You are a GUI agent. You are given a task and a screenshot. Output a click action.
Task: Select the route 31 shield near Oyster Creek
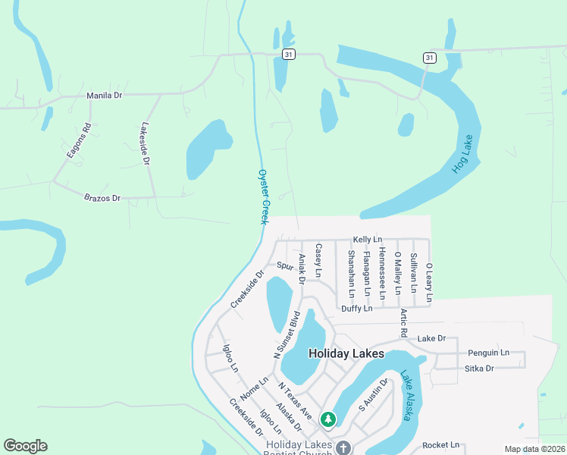click(287, 55)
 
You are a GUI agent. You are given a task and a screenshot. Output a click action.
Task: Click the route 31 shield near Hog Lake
click(430, 58)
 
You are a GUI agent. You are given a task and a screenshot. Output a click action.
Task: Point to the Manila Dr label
click(105, 96)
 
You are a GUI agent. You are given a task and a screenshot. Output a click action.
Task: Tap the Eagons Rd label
click(78, 140)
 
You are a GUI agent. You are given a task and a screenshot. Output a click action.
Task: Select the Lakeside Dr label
click(146, 145)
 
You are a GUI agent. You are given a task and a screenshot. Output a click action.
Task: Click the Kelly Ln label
click(367, 240)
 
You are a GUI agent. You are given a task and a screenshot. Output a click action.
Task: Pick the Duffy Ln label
click(356, 309)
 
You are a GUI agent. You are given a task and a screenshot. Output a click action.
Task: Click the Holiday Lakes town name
click(346, 354)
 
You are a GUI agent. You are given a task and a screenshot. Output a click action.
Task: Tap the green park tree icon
click(327, 419)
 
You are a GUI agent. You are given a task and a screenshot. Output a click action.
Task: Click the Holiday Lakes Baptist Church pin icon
click(343, 448)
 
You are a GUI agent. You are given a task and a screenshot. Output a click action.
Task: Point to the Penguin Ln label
click(488, 353)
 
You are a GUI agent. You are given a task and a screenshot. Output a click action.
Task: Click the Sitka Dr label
click(479, 369)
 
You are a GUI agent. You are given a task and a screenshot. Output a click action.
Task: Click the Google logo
click(25, 446)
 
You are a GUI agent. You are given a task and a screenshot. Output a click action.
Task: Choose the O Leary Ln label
click(429, 282)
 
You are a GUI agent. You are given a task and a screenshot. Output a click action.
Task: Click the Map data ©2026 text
click(534, 449)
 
